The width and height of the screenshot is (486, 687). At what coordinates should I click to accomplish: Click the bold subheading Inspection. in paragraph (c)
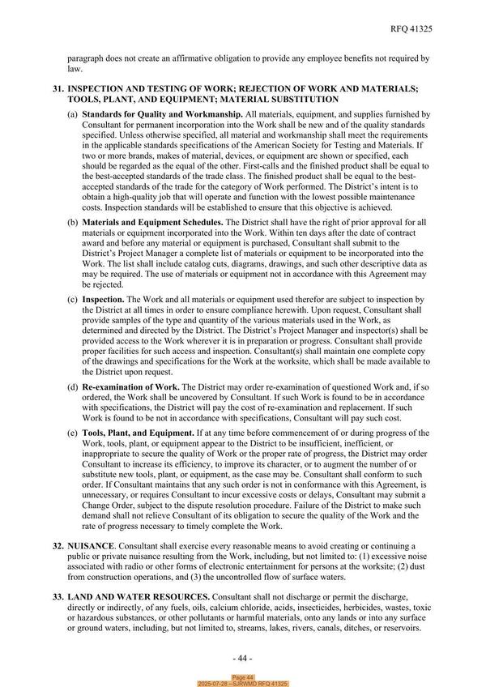click(103, 298)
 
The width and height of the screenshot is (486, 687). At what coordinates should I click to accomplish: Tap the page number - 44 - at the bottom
click(242, 657)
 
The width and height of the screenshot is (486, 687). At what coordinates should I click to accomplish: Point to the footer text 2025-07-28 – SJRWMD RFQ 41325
click(243, 684)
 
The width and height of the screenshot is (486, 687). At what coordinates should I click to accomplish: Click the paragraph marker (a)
click(73, 117)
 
